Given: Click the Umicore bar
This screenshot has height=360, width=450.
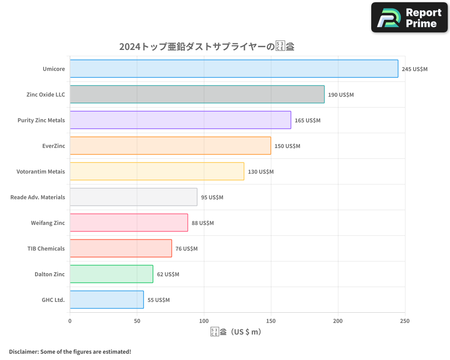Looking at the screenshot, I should pyautogui.click(x=234, y=69).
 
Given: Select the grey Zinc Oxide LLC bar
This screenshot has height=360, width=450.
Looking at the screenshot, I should pyautogui.click(x=197, y=94).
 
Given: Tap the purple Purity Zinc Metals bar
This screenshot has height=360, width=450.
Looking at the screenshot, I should pyautogui.click(x=180, y=120).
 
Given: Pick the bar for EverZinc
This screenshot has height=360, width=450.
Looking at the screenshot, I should pyautogui.click(x=170, y=146).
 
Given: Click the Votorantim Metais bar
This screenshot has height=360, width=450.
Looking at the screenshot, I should pyautogui.click(x=157, y=171).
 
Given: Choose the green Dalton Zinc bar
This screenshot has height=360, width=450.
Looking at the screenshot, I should pyautogui.click(x=111, y=274).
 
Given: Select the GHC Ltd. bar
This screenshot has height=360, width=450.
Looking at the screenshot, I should pyautogui.click(x=107, y=300).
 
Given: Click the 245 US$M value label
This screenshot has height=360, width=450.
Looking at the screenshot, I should pyautogui.click(x=414, y=69).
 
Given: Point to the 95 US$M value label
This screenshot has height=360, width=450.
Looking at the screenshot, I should pyautogui.click(x=212, y=198).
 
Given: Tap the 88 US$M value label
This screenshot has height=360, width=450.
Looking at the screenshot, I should pyautogui.click(x=202, y=223).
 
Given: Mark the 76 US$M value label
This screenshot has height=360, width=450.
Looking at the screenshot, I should pyautogui.click(x=186, y=249).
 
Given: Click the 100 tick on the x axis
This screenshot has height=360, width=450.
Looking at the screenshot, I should pyautogui.click(x=204, y=321).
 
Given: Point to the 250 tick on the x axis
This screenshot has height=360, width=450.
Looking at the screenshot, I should pyautogui.click(x=405, y=321).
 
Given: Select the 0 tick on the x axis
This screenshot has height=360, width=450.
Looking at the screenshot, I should pyautogui.click(x=70, y=321).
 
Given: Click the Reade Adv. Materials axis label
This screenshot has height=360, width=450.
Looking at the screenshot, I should pyautogui.click(x=38, y=197).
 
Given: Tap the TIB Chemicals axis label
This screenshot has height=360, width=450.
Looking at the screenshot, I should pyautogui.click(x=46, y=248).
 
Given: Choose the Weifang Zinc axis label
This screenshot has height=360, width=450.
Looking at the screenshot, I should pyautogui.click(x=48, y=223).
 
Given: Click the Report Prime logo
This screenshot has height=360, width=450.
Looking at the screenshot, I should pyautogui.click(x=409, y=18).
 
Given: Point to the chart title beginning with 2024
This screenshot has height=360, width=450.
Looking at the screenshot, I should pyautogui.click(x=207, y=46).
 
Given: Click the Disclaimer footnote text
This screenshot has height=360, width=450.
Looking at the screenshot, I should pyautogui.click(x=70, y=351).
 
